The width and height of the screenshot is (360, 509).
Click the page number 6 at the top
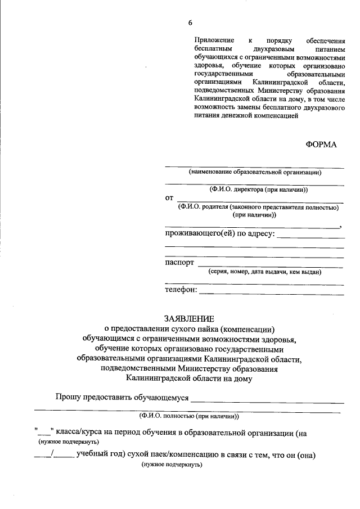190,22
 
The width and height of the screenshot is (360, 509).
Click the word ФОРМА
321,145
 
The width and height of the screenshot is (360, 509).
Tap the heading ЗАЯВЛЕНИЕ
190,318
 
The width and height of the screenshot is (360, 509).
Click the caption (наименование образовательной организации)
255,172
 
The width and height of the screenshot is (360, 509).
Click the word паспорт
179,263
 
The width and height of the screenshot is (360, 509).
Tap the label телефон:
181,290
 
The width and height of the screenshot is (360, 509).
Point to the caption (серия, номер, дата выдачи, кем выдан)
264,272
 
